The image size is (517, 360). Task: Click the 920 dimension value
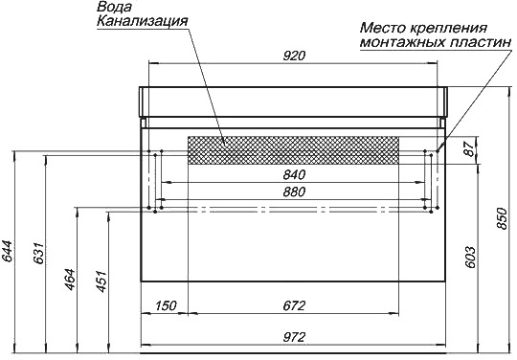pos(294,56)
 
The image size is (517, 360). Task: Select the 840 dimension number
pos(294,174)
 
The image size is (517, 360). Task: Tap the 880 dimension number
pos(294,191)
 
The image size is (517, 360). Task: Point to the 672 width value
pos(294,305)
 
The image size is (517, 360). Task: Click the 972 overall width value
pos(294,337)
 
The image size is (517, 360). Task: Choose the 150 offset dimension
pos(166,305)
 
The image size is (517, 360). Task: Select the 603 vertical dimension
pos(470,257)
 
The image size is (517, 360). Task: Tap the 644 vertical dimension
pos(7,252)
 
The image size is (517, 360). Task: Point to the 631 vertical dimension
pos(38,253)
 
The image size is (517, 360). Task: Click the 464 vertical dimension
pos(70,280)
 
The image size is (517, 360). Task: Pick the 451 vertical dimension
pos(101,281)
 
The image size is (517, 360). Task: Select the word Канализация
pos(142,21)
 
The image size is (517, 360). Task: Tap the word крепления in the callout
pos(449,28)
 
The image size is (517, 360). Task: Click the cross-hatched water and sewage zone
pos(293,150)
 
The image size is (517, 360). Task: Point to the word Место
pos(384,28)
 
